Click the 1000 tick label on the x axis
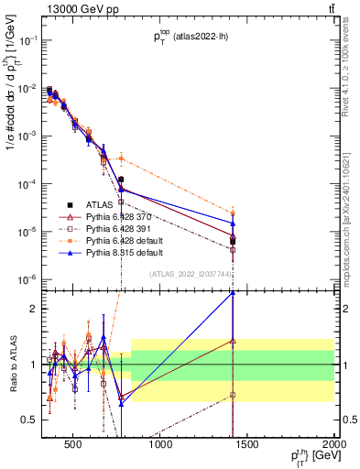160,446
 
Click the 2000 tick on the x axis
333,446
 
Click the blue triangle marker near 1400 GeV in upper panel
233,223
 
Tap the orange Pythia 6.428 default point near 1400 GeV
233,213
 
